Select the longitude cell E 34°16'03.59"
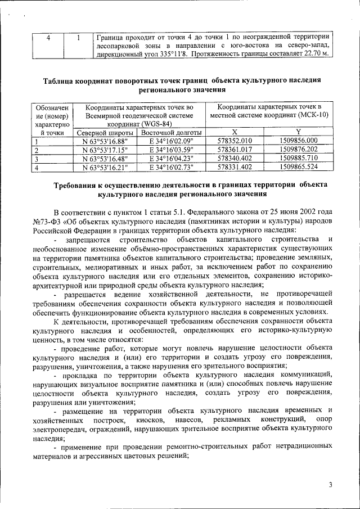pyautogui.click(x=167, y=150)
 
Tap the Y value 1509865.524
pyautogui.click(x=299, y=167)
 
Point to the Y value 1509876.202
pyautogui.click(x=299, y=150)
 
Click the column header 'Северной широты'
pyautogui.click(x=105, y=132)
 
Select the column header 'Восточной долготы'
pyautogui.click(x=167, y=132)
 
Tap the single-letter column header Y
pyautogui.click(x=299, y=132)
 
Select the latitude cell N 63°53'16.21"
pyautogui.click(x=105, y=167)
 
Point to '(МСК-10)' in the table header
pyautogui.click(x=308, y=115)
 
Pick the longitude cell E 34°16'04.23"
pyautogui.click(x=167, y=158)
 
